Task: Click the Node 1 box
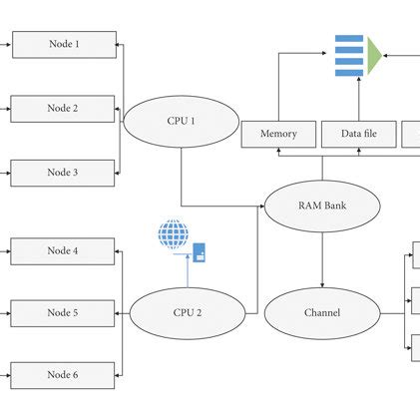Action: (x=63, y=44)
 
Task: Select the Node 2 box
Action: (x=63, y=108)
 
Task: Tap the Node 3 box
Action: (x=63, y=173)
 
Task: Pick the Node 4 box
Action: (x=63, y=250)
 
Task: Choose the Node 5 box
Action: (x=63, y=313)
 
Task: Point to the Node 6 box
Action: (x=63, y=375)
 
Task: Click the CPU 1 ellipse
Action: (x=181, y=122)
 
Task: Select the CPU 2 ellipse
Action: (x=187, y=312)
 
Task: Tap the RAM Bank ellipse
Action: (x=322, y=207)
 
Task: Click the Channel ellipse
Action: (x=321, y=312)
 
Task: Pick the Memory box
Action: (x=278, y=134)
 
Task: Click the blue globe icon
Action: (x=174, y=235)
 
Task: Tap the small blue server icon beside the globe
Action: (x=200, y=251)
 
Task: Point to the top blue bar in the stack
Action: (x=349, y=39)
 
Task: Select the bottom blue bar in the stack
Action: (x=349, y=72)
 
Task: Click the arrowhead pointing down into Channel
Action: (x=322, y=283)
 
